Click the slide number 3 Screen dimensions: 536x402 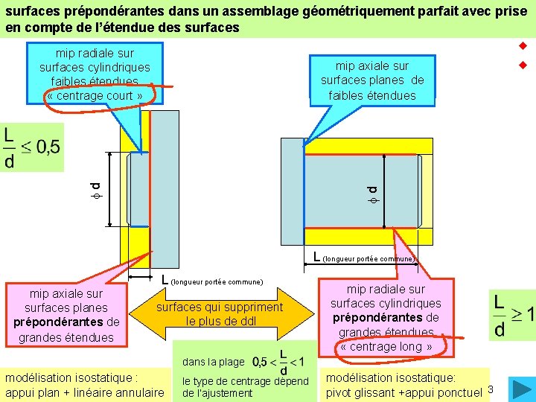491,388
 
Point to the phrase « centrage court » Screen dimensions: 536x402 94,96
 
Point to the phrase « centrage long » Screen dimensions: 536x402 386,346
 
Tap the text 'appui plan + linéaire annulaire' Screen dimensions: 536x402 84,392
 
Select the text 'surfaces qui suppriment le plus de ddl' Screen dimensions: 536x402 220,314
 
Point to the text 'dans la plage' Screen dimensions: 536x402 213,362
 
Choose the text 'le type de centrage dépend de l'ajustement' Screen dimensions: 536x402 245,387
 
